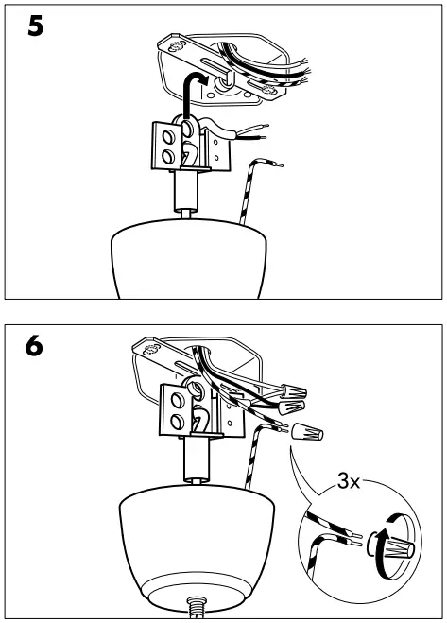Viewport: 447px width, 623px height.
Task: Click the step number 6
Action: [x=35, y=346]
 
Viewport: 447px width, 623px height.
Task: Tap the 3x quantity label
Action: [x=349, y=482]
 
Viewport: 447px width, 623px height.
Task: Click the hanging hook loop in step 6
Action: [x=199, y=422]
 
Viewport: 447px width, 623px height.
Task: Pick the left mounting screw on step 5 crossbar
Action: [x=175, y=44]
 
